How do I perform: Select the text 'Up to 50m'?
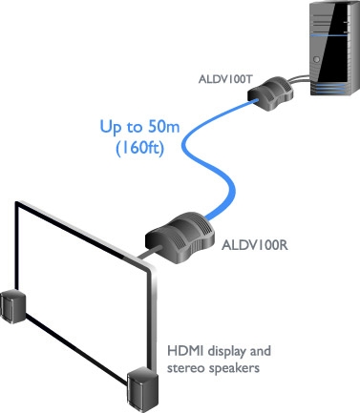(139, 126)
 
